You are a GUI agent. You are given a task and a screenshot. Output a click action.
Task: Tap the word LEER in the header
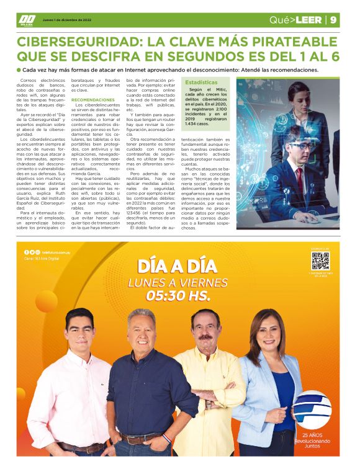pos(308,20)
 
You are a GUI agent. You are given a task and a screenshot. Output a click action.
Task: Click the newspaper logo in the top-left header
pos(27,20)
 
